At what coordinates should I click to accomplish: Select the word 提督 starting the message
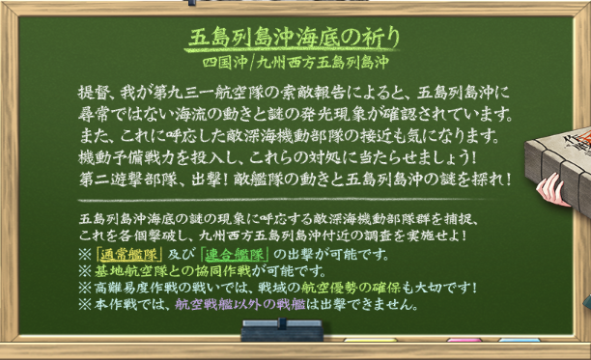pos(93,94)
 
